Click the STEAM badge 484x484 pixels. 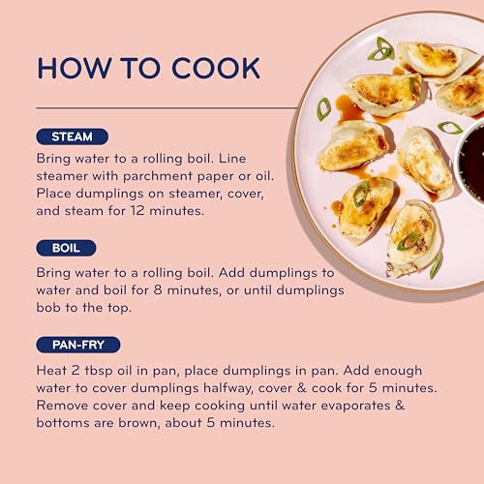[x=72, y=136]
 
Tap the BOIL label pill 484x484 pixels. [x=66, y=248]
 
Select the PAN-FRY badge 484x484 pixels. [x=78, y=345]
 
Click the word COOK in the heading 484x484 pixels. [x=216, y=68]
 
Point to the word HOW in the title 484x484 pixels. [x=75, y=68]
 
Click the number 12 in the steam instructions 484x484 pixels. [x=137, y=211]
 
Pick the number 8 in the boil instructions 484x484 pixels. [x=158, y=289]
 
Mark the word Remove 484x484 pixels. [x=62, y=406]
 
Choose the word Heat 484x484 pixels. [x=50, y=371]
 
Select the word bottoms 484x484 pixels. [x=63, y=423]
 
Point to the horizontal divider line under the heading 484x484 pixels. [x=166, y=107]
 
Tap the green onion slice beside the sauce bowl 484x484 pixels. [x=450, y=128]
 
